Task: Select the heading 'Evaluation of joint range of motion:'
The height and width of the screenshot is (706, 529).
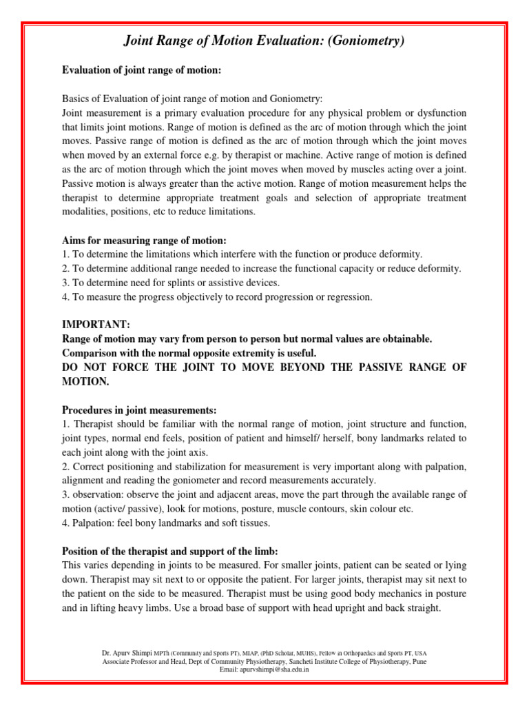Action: click(x=141, y=70)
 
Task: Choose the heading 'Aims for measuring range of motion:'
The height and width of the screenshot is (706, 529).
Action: click(x=144, y=240)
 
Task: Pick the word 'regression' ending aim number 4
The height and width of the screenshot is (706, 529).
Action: click(x=347, y=297)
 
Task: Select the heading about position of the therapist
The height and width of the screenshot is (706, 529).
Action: click(x=170, y=551)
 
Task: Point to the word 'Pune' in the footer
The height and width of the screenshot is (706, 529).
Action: click(x=419, y=660)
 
